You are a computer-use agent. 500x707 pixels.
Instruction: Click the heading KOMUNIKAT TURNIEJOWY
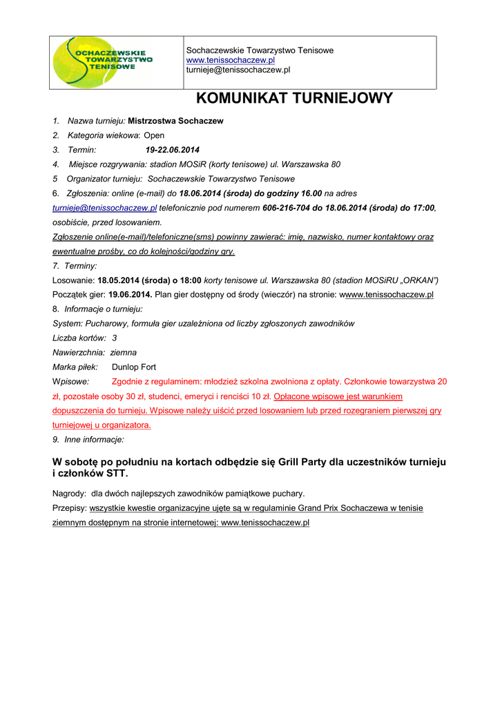(294, 99)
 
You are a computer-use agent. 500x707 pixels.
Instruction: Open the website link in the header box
(231, 61)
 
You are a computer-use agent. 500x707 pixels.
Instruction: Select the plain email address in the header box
(238, 70)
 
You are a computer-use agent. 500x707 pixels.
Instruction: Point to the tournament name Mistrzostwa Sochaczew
(175, 121)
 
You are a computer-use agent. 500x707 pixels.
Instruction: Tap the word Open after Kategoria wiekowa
(154, 135)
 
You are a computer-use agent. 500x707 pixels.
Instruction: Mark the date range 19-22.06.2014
(172, 150)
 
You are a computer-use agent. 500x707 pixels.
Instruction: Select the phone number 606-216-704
(287, 208)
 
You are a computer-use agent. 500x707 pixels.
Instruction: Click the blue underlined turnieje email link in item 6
(105, 208)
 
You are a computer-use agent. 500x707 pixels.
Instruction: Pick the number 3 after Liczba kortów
(114, 338)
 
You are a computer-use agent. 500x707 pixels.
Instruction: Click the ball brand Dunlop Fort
(134, 367)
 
